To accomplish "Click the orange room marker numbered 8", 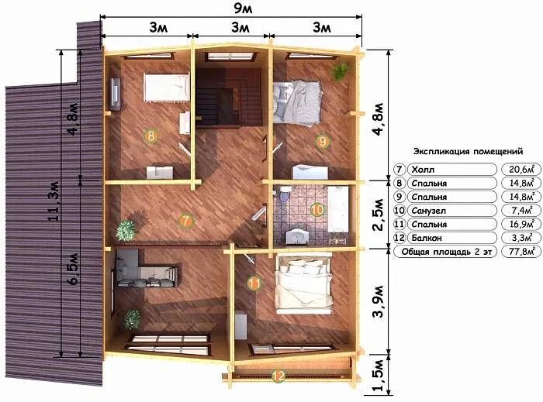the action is [x=151, y=136].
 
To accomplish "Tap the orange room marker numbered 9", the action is [x=323, y=141].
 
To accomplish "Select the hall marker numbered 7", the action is [x=185, y=221].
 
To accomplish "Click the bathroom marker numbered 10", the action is [x=317, y=209].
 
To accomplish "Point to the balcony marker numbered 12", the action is [x=278, y=376].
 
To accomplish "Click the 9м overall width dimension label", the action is [x=243, y=9].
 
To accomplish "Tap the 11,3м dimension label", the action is [x=54, y=201].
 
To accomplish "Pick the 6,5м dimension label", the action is [x=74, y=269].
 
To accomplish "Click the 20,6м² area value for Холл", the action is [x=521, y=170].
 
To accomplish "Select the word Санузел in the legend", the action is [x=429, y=211].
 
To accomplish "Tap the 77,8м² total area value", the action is [x=521, y=251].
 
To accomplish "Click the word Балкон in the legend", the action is [x=427, y=238].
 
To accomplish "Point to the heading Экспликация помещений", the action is [x=469, y=151].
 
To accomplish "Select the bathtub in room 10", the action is [x=337, y=209].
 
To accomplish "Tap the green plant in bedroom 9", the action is [x=340, y=70].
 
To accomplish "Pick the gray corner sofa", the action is [x=146, y=270].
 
